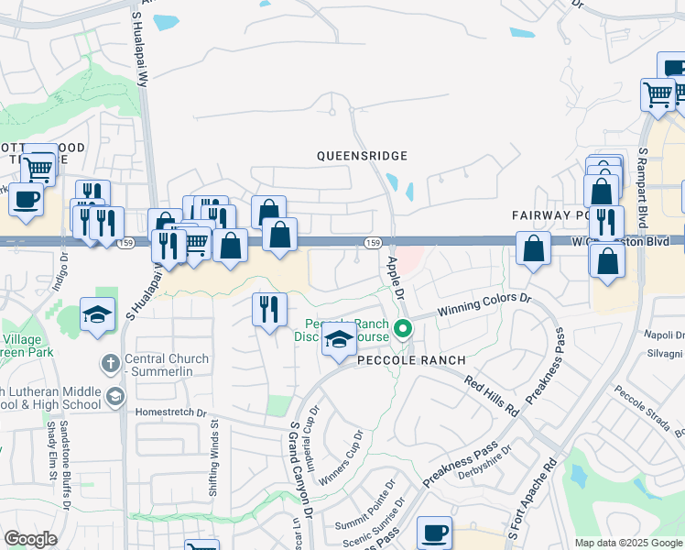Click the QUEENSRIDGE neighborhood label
pyautogui.click(x=362, y=157)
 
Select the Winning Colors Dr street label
pyautogui.click(x=484, y=302)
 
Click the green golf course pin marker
pyautogui.click(x=402, y=327)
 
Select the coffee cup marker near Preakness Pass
pyautogui.click(x=434, y=533)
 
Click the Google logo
pyautogui.click(x=30, y=539)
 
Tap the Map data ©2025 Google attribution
pyautogui.click(x=628, y=543)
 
